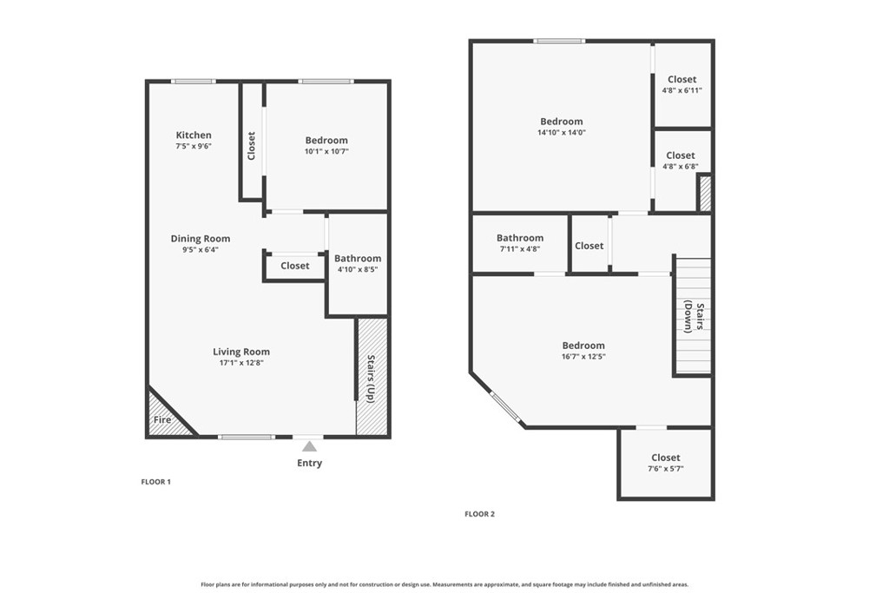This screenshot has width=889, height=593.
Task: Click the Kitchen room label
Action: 194,135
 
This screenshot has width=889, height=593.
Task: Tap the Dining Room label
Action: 200,239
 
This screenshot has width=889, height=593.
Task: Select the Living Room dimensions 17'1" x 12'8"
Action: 241,363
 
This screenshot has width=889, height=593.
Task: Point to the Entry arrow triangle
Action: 309,446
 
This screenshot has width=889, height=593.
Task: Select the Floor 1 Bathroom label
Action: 358,259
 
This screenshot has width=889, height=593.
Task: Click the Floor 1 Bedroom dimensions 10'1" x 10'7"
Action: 326,152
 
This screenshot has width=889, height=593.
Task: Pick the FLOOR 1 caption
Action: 156,482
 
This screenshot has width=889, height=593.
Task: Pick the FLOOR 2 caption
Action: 479,514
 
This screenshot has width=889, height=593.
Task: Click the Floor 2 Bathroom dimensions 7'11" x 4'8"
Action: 520,249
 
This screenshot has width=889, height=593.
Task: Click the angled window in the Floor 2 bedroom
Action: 506,407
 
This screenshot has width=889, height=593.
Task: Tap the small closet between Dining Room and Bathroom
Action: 294,266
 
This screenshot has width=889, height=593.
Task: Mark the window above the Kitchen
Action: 193,82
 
